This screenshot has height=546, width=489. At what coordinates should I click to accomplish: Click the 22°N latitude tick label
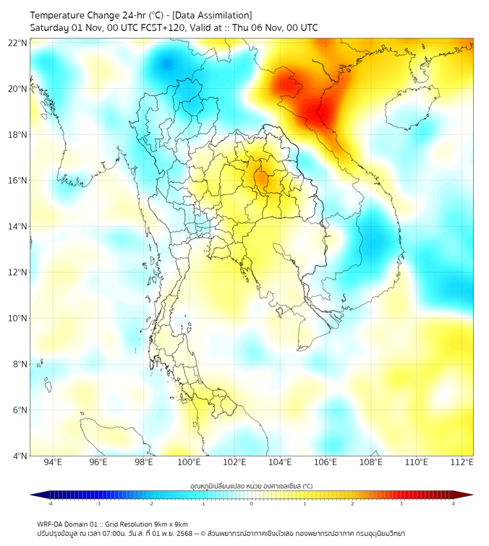coord(18,43)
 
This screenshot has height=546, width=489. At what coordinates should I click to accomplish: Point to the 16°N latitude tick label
coord(18,180)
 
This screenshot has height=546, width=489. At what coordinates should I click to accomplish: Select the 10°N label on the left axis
coord(18,318)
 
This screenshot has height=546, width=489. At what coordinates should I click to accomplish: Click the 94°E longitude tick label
coord(53,462)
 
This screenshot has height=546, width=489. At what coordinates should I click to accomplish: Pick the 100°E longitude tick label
coord(190,462)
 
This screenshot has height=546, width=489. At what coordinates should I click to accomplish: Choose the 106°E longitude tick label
coord(326,462)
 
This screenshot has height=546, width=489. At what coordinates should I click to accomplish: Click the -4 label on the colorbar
coord(50,504)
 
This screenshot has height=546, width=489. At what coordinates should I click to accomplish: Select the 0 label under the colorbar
coord(252,504)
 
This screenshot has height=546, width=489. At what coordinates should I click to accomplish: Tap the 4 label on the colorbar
coord(454,504)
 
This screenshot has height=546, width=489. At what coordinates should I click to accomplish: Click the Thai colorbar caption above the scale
coord(251,485)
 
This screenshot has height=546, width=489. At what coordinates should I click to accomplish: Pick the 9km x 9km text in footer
coord(169,524)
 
